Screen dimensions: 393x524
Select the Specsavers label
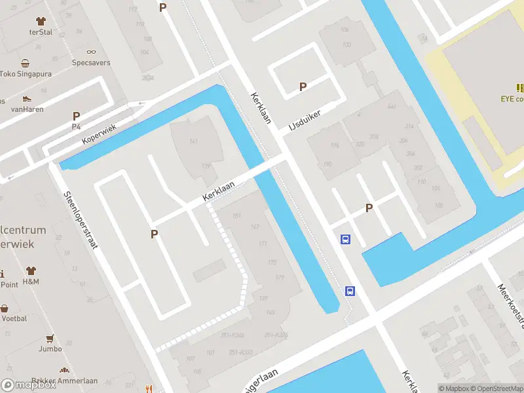(91, 63)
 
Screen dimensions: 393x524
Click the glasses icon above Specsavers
(91, 52)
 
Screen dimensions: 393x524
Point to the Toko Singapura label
(26, 74)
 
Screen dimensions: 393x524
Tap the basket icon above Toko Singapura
(26, 64)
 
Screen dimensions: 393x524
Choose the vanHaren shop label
(28, 109)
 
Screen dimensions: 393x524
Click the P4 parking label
(76, 126)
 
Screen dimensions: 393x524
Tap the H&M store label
(31, 282)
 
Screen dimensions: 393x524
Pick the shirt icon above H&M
(31, 271)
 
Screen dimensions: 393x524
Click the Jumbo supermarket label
(49, 349)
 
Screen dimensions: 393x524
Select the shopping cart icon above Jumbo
(49, 339)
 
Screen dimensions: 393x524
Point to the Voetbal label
(14, 318)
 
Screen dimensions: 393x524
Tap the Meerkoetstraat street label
(511, 305)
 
